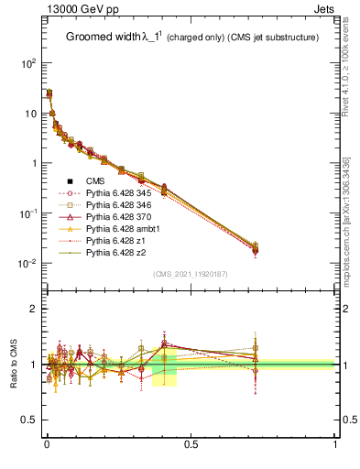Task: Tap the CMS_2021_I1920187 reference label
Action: click(x=190, y=274)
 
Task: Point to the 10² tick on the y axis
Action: click(x=27, y=63)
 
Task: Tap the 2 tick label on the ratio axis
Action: click(x=33, y=309)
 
